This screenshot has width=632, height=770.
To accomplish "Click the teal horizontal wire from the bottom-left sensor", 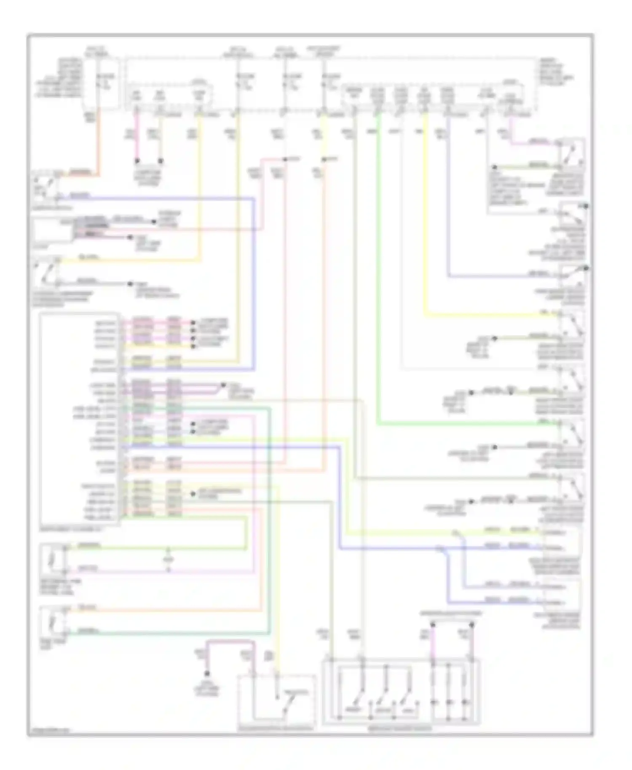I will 169,633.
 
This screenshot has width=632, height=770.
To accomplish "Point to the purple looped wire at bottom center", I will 230,642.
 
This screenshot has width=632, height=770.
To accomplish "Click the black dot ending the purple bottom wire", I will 207,674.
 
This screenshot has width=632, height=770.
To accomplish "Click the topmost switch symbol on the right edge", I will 571,153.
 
